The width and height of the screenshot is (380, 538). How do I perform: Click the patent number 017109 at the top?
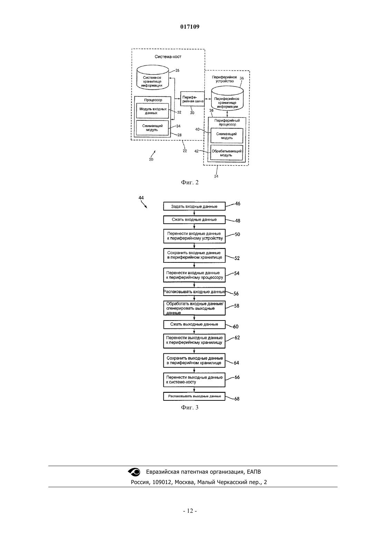190,27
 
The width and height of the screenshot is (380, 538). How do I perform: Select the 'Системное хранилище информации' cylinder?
153,78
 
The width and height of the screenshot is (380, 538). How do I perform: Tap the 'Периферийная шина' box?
192,99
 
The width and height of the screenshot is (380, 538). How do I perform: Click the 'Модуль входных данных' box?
153,111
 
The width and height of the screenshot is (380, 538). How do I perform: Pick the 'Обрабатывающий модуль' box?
227,153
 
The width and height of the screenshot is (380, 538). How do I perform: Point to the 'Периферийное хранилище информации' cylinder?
227,99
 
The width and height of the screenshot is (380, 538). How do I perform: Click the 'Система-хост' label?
168,57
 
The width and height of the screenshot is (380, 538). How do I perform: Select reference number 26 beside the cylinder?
177,71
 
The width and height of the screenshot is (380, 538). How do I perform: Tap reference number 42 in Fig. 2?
197,151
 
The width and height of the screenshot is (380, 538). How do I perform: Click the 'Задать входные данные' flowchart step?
194,206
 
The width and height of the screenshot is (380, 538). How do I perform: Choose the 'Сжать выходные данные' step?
194,324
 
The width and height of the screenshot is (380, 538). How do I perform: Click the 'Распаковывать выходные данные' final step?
194,396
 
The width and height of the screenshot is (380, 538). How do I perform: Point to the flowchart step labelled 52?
194,255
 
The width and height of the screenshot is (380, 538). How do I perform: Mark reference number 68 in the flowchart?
237,399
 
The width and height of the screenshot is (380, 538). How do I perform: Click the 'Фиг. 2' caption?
190,182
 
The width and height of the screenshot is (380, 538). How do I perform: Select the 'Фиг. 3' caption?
190,407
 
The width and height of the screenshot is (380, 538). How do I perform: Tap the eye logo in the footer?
134,472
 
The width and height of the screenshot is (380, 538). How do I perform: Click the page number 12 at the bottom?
190,511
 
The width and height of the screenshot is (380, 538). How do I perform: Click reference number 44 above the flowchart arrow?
141,198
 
